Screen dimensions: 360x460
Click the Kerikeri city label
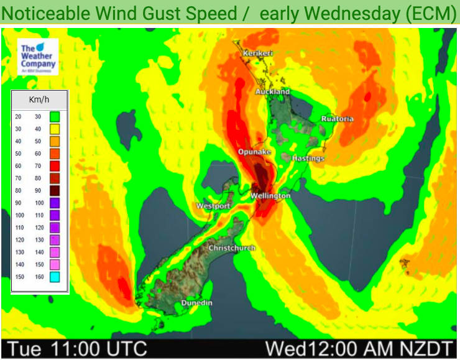click(x=258, y=53)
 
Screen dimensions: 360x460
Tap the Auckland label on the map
click(x=272, y=92)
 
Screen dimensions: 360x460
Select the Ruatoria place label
click(x=338, y=119)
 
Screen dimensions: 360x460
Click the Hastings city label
click(x=308, y=159)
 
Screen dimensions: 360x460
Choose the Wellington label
click(x=270, y=196)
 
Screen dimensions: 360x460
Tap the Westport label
click(x=213, y=206)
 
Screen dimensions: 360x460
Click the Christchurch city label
click(x=232, y=248)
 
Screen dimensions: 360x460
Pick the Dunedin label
click(x=197, y=303)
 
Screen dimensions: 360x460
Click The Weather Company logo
click(x=38, y=57)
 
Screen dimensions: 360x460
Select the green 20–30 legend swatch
click(x=55, y=116)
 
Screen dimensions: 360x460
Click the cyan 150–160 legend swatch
click(x=55, y=277)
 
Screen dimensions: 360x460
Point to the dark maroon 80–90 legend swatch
click(x=55, y=190)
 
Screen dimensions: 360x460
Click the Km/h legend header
click(x=39, y=99)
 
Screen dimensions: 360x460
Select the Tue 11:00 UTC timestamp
click(x=76, y=348)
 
